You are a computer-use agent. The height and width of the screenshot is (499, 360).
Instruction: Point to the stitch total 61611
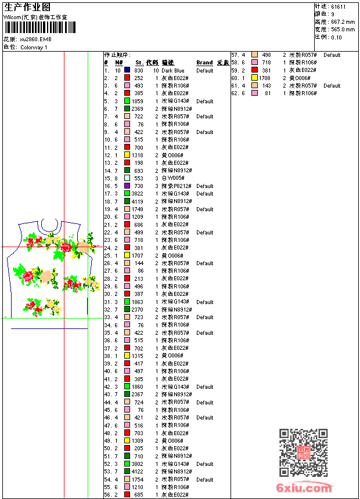[338, 6]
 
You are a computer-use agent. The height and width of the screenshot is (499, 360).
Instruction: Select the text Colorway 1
[34, 48]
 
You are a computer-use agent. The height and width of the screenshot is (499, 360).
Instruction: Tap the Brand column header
[204, 63]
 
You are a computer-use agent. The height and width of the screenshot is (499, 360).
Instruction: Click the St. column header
[139, 63]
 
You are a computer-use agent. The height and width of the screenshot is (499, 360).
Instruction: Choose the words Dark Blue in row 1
[173, 70]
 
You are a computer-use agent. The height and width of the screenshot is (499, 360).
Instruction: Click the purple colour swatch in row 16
[127, 186]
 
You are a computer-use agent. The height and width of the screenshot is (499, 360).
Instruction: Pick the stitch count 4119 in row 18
[137, 201]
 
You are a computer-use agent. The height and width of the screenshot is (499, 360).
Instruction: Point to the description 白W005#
[173, 178]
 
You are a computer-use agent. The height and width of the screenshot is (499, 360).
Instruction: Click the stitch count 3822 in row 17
[137, 194]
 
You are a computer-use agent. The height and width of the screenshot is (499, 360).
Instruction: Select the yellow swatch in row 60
[254, 78]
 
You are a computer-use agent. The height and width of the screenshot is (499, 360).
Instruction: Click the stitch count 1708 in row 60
[265, 78]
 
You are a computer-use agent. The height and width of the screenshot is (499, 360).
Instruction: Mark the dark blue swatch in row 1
[127, 70]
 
